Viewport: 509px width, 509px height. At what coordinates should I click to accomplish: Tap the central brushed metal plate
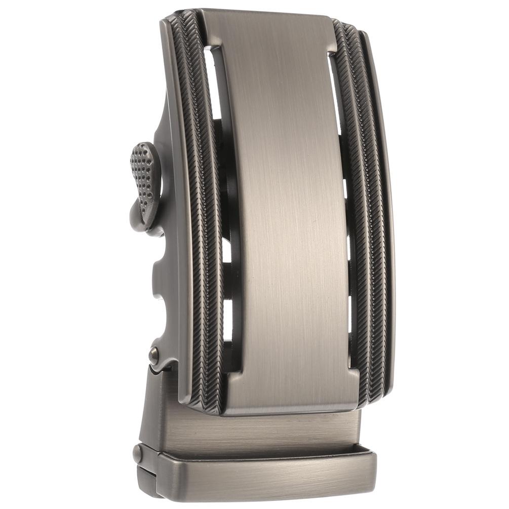click(286, 213)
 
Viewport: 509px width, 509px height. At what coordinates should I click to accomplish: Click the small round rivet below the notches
click(153, 354)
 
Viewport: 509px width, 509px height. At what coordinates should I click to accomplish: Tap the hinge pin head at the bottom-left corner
click(137, 453)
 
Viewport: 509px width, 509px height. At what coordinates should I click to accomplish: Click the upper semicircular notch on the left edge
click(161, 263)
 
